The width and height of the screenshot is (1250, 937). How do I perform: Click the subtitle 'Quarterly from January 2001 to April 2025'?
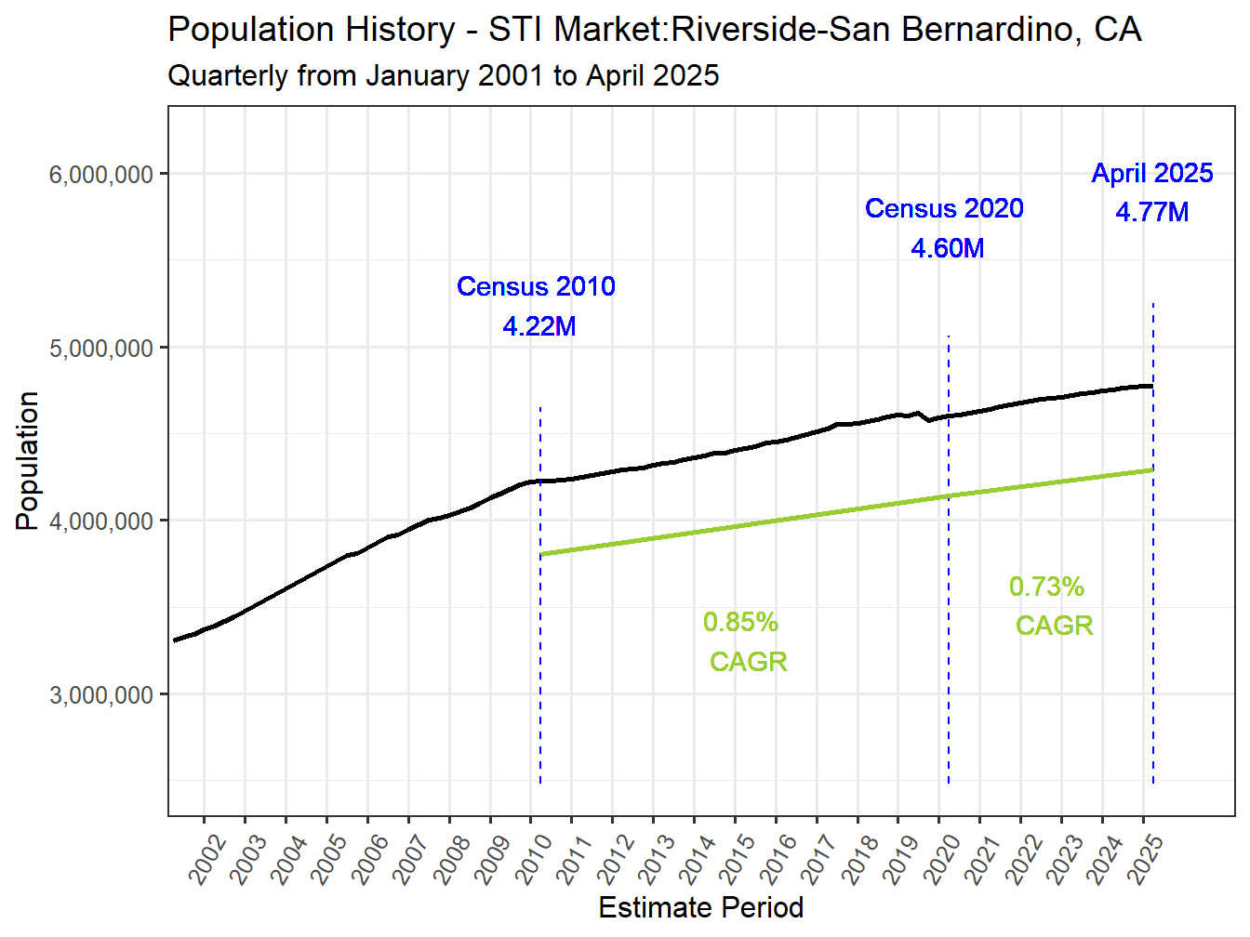tap(443, 75)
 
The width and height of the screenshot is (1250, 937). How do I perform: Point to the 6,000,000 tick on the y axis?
tap(100, 175)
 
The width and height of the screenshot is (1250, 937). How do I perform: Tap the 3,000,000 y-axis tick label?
tap(100, 695)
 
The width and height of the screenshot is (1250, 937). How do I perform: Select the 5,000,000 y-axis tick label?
tap(100, 349)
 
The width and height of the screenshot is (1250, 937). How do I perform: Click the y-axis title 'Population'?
tap(27, 461)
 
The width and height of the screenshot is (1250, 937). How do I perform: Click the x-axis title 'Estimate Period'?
tap(700, 907)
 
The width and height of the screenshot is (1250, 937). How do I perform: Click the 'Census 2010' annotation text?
tap(536, 286)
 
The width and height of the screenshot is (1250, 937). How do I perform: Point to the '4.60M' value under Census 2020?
tap(947, 248)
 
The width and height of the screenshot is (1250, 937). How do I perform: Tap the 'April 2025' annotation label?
tap(1152, 173)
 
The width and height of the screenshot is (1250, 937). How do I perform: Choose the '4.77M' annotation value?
tap(1152, 212)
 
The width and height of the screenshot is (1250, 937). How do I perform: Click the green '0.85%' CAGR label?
tap(740, 622)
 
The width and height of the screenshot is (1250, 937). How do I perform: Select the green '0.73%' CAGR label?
tap(1046, 587)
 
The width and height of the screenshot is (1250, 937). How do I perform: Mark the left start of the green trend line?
tap(542, 554)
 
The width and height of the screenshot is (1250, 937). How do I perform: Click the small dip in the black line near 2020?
tap(928, 420)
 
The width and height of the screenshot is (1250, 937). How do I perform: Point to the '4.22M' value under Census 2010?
tap(539, 326)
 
